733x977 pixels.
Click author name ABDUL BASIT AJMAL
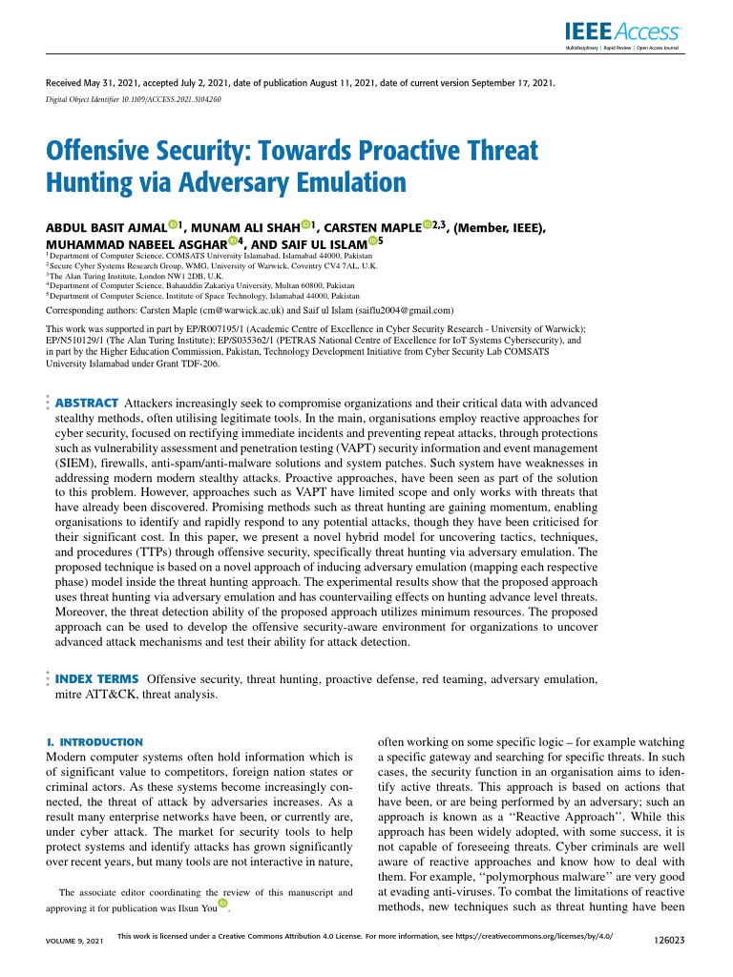(x=106, y=229)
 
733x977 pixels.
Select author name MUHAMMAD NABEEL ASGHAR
(x=114, y=245)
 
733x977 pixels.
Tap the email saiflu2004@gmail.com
(x=397, y=311)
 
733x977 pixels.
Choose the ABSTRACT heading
(x=87, y=404)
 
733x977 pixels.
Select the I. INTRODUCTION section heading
(x=94, y=741)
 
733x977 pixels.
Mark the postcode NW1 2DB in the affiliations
(x=168, y=276)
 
